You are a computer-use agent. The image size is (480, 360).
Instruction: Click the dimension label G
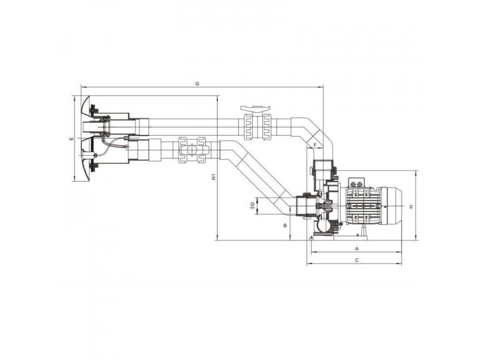click(x=197, y=83)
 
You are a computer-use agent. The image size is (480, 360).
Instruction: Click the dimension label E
click(x=71, y=139)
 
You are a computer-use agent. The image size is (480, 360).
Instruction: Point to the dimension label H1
click(x=214, y=177)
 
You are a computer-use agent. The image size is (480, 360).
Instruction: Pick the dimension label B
click(x=285, y=225)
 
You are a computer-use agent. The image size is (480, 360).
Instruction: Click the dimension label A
click(x=357, y=248)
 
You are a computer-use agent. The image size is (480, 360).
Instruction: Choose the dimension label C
click(x=357, y=260)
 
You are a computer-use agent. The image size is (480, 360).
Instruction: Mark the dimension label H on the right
click(x=412, y=207)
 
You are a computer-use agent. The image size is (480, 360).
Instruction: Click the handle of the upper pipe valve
click(x=255, y=108)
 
